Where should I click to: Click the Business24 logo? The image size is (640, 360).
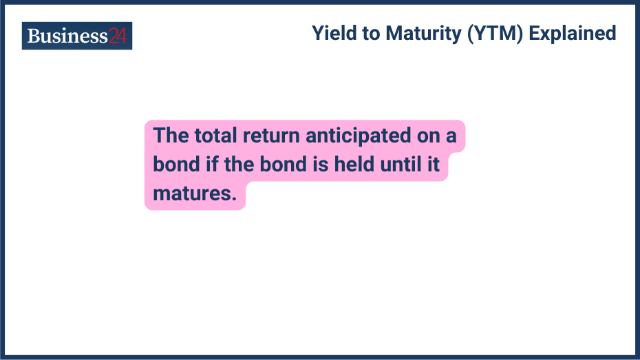(77, 36)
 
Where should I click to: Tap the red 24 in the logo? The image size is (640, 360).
(118, 36)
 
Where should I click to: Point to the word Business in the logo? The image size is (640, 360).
(67, 36)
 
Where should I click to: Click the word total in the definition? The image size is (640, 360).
(215, 135)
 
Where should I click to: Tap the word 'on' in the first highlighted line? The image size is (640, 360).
(428, 135)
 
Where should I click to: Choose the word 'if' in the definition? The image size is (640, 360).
(212, 165)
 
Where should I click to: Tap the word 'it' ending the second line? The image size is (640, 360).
(434, 165)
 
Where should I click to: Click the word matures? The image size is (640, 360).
(195, 195)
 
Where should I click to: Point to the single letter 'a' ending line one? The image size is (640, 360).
(451, 136)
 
